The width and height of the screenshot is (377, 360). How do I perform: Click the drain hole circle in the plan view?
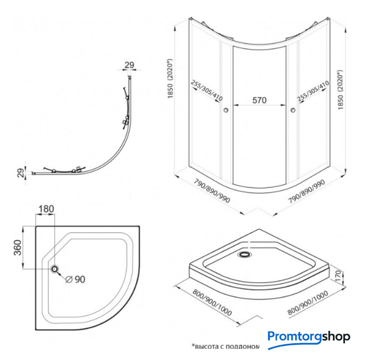coord(56,269)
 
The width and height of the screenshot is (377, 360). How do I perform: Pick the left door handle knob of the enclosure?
coord(226,110)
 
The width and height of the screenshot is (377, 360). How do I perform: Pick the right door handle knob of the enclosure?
coord(294,110)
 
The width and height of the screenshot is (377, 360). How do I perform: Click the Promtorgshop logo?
coord(308,337)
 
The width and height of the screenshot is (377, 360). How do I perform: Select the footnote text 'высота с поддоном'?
coord(225,347)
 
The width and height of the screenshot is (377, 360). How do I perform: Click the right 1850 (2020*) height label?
coord(340,90)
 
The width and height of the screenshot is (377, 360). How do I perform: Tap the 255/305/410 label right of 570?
coord(311,90)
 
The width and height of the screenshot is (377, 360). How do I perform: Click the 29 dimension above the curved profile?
coord(129,65)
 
